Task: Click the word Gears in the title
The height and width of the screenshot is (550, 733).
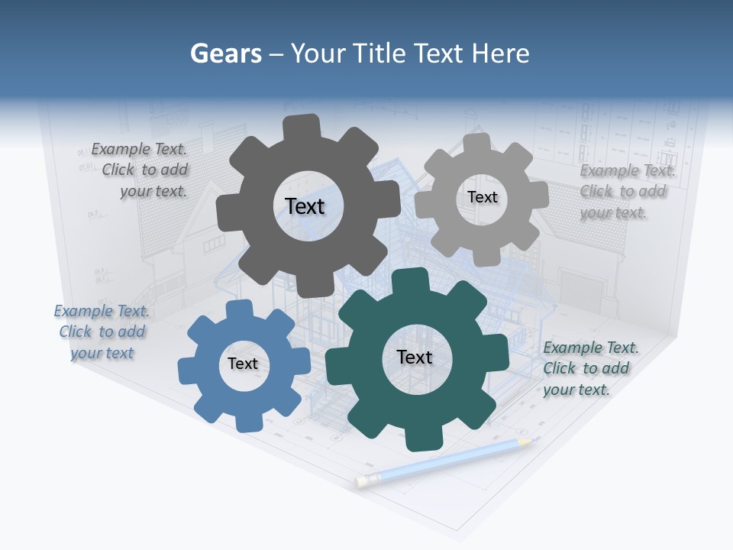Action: [225, 53]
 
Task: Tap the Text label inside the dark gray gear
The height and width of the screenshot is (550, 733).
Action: [305, 206]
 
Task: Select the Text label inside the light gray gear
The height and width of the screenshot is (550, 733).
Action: [482, 197]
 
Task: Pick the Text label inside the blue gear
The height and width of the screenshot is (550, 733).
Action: [243, 364]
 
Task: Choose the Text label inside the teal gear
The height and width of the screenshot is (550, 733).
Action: [415, 357]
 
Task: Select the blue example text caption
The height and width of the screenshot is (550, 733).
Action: [102, 332]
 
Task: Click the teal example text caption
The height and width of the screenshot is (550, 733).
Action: [590, 369]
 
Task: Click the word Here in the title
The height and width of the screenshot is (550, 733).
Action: [501, 53]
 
